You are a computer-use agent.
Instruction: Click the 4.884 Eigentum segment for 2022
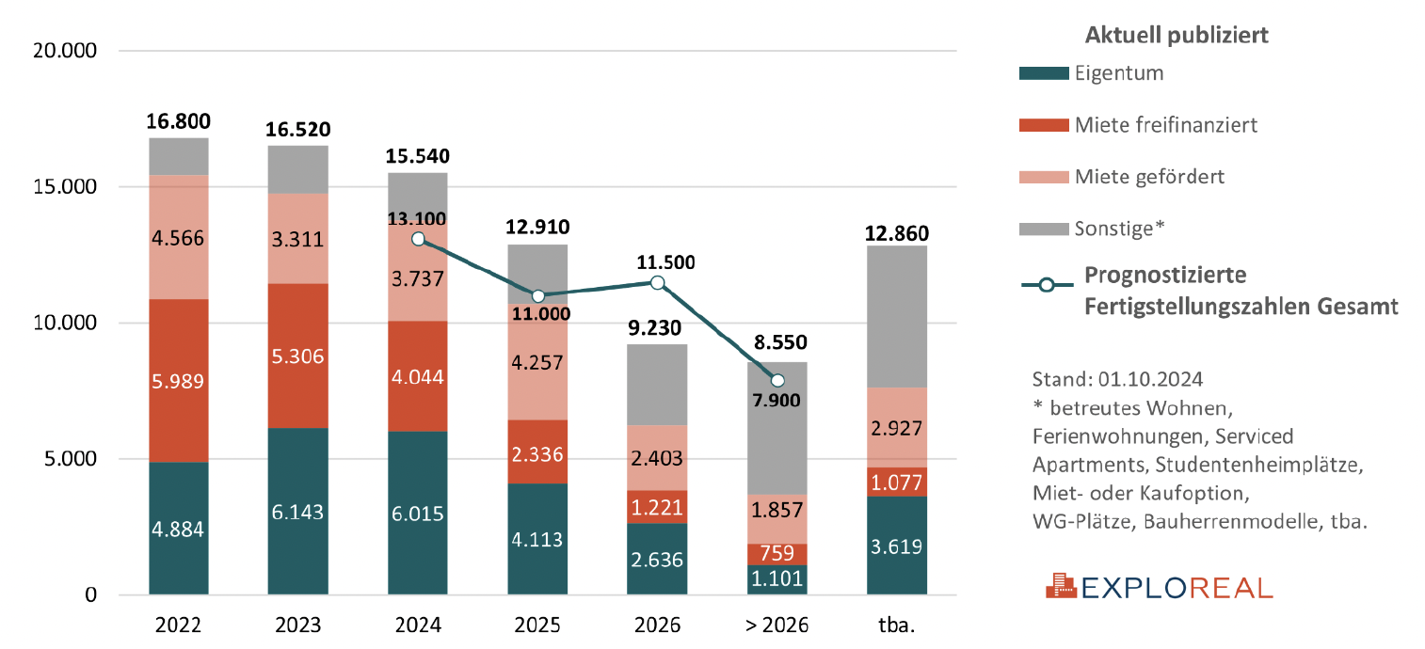179,529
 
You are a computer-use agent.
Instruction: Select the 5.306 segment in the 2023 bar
298,356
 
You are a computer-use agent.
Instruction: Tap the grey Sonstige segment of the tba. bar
896,316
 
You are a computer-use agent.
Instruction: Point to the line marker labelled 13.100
418,239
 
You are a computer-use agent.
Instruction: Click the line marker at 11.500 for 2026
658,283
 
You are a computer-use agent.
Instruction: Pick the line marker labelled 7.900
777,380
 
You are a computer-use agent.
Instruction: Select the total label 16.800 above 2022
179,121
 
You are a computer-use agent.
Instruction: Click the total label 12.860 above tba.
897,230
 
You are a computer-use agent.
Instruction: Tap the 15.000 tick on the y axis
64,187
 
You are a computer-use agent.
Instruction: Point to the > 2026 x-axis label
777,625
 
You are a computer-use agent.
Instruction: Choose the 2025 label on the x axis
537,625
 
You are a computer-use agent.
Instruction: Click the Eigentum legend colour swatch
1044,73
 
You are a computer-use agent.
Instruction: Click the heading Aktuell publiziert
1177,36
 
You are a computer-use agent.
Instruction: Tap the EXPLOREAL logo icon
1060,587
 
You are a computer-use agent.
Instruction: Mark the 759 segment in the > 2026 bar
777,554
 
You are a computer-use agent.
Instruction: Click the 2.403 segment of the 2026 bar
658,457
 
